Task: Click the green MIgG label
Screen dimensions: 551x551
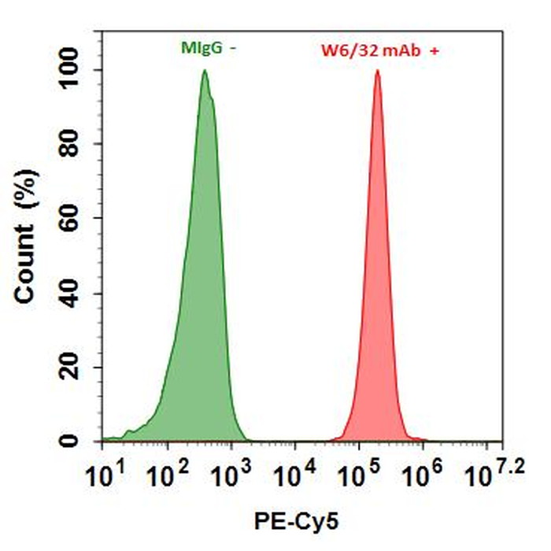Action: tap(202, 48)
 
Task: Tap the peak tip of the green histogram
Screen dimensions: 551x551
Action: tap(205, 71)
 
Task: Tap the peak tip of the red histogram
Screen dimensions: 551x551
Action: tap(378, 71)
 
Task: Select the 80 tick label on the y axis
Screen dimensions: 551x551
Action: tap(77, 145)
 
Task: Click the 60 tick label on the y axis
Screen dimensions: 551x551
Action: tap(77, 219)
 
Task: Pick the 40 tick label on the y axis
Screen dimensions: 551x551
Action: tap(77, 294)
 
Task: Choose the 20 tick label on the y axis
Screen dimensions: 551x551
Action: tap(77, 368)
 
